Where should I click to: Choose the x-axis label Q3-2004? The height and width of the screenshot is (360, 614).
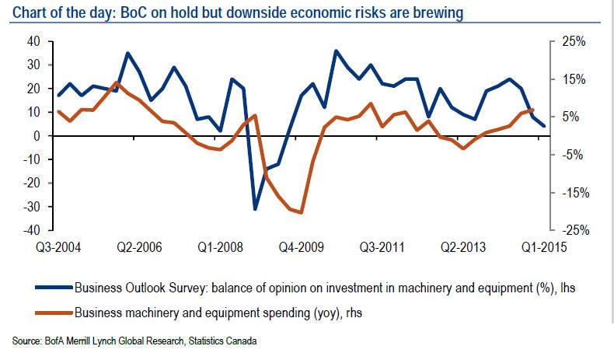click(x=59, y=248)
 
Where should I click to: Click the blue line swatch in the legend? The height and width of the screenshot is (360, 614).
click(x=52, y=288)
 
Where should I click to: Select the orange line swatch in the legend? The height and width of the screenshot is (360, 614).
click(x=52, y=313)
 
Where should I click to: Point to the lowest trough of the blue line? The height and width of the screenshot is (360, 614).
click(x=254, y=209)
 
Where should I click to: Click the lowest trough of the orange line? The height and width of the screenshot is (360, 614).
click(x=301, y=212)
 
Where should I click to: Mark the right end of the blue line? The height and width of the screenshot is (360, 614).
click(x=544, y=125)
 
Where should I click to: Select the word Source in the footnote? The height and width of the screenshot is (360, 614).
click(x=26, y=341)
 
